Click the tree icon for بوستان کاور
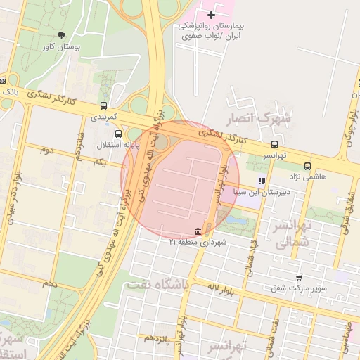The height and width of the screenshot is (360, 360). tap(63, 35)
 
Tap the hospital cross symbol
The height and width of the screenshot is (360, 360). tap(211, 15)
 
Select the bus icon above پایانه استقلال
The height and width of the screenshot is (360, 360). tap(117, 134)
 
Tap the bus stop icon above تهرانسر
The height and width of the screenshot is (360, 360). tap(274, 144)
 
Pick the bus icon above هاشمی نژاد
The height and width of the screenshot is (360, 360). tap(307, 167)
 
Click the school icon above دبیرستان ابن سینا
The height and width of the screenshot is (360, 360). tap(262, 181)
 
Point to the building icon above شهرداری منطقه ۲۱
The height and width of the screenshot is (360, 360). tap(199, 231)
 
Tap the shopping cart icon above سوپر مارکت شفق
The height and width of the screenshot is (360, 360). tap(299, 278)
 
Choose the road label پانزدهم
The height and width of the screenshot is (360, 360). tap(157, 338)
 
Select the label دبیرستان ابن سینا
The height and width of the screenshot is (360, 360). tap(263, 191)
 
